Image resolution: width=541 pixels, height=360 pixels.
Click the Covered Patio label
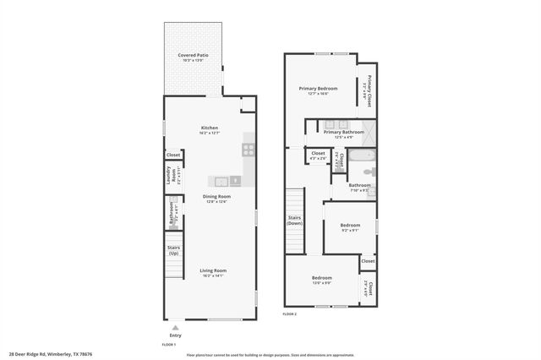pos(193,56)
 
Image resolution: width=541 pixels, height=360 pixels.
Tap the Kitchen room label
pos(209,129)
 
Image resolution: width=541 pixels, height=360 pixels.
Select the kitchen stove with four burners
pos(249,150)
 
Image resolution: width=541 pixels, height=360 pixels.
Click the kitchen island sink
pos(221,181)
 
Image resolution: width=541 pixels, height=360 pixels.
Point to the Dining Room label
pos(216,197)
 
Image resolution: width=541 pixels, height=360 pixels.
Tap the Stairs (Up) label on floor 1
pos(172,250)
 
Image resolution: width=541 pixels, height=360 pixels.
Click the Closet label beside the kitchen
pos(172,155)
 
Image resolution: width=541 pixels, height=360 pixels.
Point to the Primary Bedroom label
pos(318,89)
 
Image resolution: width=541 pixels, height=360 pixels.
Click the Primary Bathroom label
pos(343,132)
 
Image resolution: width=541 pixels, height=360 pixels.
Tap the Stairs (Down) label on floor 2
pos(294,221)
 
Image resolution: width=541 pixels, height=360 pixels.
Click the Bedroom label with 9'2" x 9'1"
pos(350,226)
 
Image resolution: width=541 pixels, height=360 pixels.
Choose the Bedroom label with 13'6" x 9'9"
pos(321,279)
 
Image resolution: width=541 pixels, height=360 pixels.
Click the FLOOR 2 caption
pos(291,314)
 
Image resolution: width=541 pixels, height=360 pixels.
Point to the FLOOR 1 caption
pos(169,344)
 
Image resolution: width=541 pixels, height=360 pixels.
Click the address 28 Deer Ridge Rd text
pos(51,354)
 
